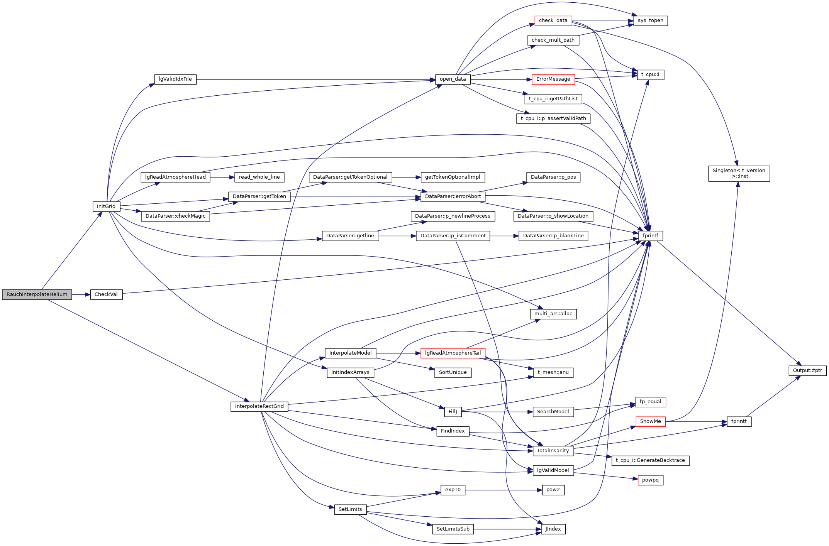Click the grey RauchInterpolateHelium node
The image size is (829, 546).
pos(37,294)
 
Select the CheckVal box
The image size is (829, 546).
pos(106,294)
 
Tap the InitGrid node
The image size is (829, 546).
pos(106,206)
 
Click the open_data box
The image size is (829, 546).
pos(453,79)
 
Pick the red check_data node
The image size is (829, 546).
pos(553,20)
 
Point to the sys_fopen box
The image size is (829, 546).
pos(650,20)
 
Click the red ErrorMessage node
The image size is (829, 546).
pos(553,79)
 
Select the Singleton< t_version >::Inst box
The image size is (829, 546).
pos(739,173)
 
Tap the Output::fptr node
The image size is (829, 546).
pos(807,370)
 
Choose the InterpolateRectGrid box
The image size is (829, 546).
pos(259,406)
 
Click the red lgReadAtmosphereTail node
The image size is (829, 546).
pos(453,353)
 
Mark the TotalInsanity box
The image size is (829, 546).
pos(553,451)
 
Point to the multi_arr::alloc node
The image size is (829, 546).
pos(553,314)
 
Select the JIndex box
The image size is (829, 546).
pos(553,529)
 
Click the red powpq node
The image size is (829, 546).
pos(650,480)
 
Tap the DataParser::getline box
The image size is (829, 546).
pos(350,236)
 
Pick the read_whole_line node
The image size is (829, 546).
pos(259,177)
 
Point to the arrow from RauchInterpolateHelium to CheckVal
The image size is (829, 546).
pos(81,294)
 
